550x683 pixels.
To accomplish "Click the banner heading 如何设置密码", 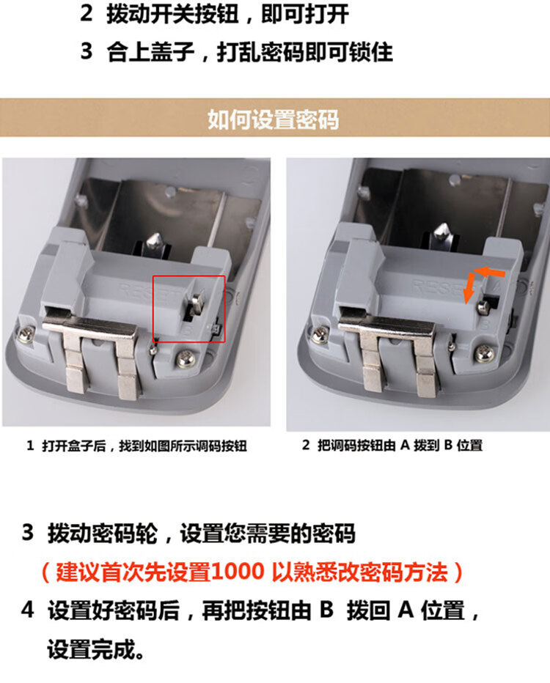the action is click(274, 119).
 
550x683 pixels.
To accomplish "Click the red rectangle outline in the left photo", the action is click(153, 309).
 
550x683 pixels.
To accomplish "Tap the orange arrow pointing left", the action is click(489, 273).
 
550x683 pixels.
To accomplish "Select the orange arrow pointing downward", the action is click(469, 288).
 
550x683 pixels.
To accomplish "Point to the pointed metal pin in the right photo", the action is click(442, 233).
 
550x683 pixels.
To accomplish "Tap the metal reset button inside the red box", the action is click(196, 303).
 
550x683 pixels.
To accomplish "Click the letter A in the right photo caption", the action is click(406, 446).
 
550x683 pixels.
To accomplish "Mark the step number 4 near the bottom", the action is click(27, 610).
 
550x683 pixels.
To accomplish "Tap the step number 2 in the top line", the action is click(87, 13).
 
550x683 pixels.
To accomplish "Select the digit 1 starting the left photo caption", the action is click(30, 446).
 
